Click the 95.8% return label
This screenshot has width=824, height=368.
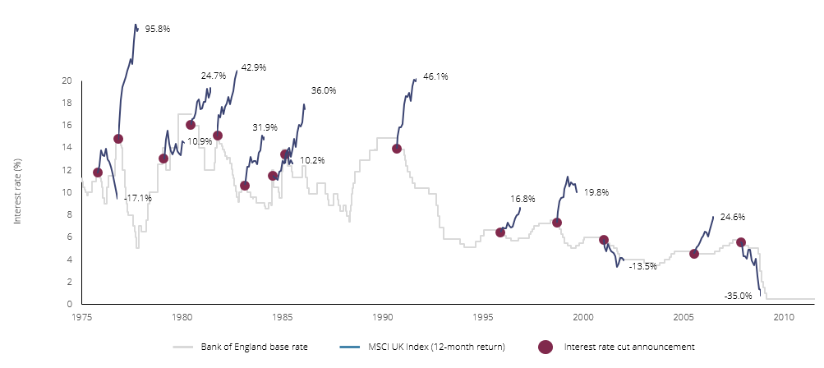click(x=157, y=29)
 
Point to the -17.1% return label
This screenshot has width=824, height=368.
click(x=137, y=198)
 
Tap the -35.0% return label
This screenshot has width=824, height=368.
click(x=738, y=296)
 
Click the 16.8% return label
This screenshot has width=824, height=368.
click(x=522, y=199)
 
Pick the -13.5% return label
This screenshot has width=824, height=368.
click(x=642, y=266)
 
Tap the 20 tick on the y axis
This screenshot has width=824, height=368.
click(x=67, y=80)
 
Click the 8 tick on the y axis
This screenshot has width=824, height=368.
click(x=69, y=215)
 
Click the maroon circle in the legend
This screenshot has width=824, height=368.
click(x=545, y=347)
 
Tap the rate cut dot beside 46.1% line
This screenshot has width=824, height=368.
click(x=397, y=149)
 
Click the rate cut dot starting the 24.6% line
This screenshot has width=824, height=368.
click(x=694, y=254)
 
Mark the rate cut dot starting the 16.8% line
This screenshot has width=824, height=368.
click(x=500, y=232)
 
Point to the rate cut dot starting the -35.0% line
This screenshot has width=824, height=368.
click(x=741, y=242)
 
